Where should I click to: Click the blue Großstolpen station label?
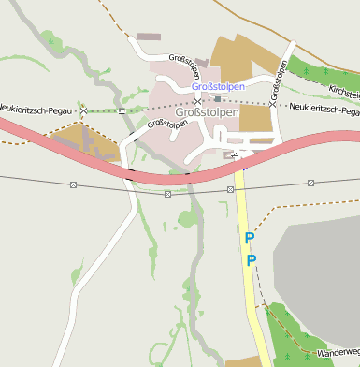tap(219, 86)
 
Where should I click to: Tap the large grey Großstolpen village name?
tap(208, 111)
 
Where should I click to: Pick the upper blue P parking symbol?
tap(249, 239)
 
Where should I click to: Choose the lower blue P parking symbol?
tap(250, 259)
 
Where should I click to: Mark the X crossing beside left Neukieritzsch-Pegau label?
tap(83, 110)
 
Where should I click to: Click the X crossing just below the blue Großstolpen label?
tap(196, 99)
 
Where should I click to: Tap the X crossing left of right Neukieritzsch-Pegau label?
tap(272, 104)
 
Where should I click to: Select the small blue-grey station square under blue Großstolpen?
tap(218, 98)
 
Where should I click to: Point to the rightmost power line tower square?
tap(311, 183)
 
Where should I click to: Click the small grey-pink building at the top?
tap(149, 37)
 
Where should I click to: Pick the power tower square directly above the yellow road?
tap(230, 189)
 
